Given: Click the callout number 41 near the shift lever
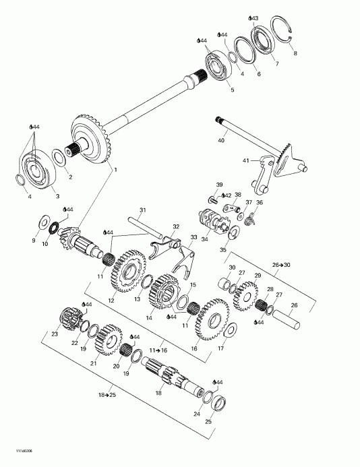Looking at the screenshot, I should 246,161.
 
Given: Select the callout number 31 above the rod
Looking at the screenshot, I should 142,210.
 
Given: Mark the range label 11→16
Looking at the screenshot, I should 156,351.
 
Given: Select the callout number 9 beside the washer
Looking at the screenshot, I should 34,239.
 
